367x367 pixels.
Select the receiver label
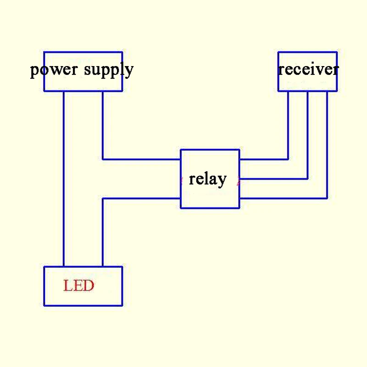click(x=308, y=69)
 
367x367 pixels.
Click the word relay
click(x=207, y=179)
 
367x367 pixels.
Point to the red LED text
click(x=78, y=286)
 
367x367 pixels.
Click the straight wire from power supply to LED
click(x=64, y=179)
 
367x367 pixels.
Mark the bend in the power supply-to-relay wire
click(x=102, y=159)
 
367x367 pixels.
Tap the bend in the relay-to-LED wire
click(x=102, y=198)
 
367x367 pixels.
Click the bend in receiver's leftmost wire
click(x=288, y=159)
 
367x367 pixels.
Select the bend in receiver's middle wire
click(x=307, y=178)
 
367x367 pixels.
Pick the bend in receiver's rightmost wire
click(x=327, y=198)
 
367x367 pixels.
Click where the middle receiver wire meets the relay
click(x=239, y=178)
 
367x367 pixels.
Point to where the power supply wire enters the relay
click(x=181, y=159)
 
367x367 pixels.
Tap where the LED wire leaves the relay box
click(x=181, y=198)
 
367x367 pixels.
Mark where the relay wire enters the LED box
click(x=102, y=267)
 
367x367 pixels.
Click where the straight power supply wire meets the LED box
click(x=64, y=267)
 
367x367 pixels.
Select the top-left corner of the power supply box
click(x=44, y=52)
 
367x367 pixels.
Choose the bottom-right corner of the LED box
click(x=122, y=305)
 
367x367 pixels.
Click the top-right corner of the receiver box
click(x=337, y=52)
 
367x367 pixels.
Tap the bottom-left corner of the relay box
click(x=181, y=208)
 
